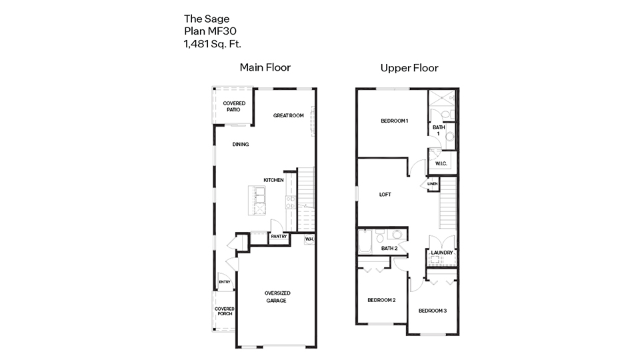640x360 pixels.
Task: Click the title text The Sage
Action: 207,19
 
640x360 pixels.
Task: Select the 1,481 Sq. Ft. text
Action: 213,44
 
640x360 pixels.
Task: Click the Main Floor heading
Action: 265,67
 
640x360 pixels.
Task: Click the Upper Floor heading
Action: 409,67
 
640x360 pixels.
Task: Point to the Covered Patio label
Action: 234,106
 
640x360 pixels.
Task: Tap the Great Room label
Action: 288,115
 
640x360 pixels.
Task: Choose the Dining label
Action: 241,144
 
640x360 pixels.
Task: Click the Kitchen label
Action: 273,180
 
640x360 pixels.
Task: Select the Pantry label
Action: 279,236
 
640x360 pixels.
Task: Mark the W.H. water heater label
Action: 309,239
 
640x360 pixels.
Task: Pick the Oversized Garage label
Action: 277,297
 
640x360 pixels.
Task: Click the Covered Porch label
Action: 224,311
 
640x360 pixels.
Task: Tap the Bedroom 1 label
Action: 394,121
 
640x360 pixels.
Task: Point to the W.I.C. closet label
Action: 441,163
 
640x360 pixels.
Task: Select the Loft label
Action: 385,195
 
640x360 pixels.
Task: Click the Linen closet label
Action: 432,184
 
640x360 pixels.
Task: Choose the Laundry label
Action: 442,253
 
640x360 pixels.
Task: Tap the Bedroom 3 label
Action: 433,311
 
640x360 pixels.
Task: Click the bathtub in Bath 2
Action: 365,241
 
